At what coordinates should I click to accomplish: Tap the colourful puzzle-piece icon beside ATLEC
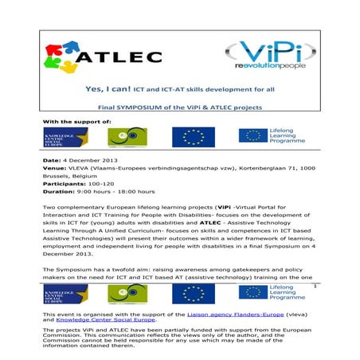(66, 56)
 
